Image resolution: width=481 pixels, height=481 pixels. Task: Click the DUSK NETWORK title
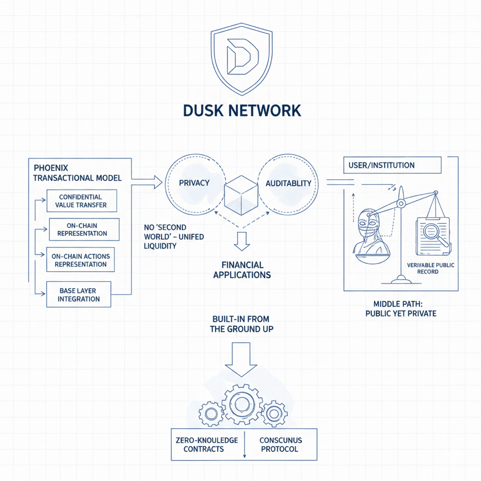coord(241,110)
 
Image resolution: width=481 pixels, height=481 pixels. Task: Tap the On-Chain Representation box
coord(84,229)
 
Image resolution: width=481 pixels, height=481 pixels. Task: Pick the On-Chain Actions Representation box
coord(80,260)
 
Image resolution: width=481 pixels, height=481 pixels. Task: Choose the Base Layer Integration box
coord(79,295)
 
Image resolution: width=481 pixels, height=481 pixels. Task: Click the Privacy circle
coord(194,183)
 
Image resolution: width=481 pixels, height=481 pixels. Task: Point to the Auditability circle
coord(288,183)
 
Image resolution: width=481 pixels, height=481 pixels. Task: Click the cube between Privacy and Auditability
coord(241,194)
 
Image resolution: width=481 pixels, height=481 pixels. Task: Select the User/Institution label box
coord(392,165)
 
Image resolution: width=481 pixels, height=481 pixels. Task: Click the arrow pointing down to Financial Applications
coord(242,239)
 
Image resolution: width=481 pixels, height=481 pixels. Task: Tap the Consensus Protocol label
coord(281,445)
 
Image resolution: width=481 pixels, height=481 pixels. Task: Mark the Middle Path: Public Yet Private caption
coord(400,308)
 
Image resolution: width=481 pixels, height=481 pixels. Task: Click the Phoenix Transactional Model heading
coord(77,173)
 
